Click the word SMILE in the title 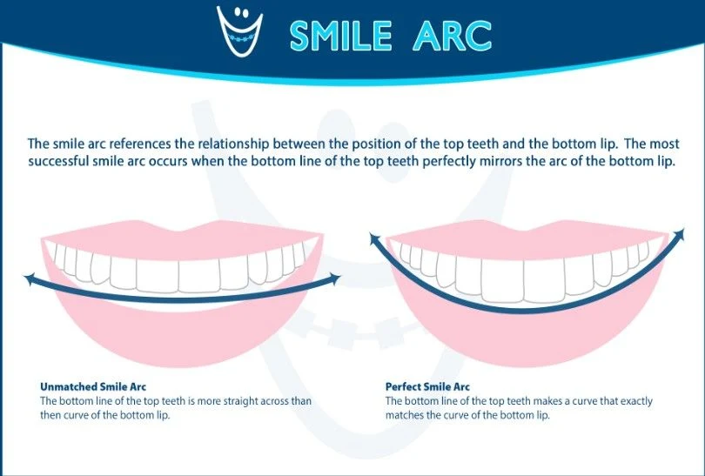341,35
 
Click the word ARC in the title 453,35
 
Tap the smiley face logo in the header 239,30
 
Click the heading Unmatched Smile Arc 93,386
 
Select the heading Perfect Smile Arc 427,386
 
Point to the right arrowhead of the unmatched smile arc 334,278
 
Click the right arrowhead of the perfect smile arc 679,235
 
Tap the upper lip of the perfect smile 527,239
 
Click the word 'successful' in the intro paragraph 58,161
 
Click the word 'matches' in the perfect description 404,415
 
